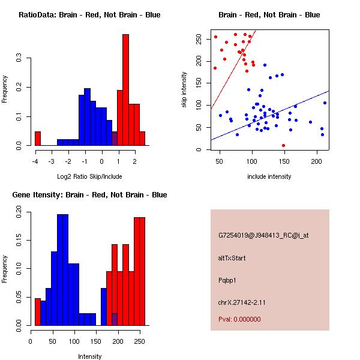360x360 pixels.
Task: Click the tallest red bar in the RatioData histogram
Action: point(126,90)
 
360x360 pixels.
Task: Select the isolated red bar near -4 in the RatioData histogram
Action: point(38,139)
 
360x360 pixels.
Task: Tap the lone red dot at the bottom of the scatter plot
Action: point(283,145)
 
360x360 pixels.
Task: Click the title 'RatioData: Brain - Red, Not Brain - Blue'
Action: point(89,15)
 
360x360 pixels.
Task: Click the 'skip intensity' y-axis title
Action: point(184,90)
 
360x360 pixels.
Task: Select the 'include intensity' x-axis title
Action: point(269,176)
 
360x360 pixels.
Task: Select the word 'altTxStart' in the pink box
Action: point(232,258)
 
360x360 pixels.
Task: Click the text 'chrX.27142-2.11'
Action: point(242,302)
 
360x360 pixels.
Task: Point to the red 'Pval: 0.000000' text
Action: point(239,319)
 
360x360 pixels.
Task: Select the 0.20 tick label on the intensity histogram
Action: point(19,211)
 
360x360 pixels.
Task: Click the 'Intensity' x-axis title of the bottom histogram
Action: point(90,356)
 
